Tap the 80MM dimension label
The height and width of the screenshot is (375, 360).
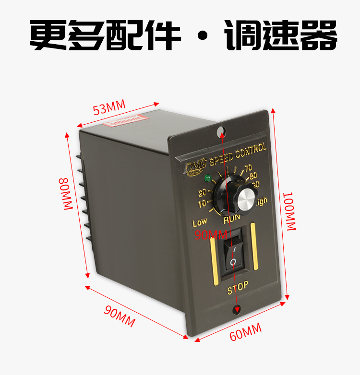click(65, 194)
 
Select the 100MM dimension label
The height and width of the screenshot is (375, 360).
click(289, 211)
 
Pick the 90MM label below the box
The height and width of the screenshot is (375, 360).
click(120, 316)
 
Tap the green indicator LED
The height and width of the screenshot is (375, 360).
click(207, 179)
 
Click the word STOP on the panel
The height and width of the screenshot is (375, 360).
click(238, 287)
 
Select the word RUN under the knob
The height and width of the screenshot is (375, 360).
click(232, 220)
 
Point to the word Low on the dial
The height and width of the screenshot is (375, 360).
click(200, 223)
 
